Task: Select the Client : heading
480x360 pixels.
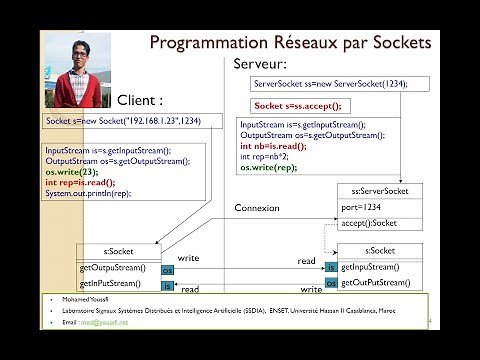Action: (x=140, y=100)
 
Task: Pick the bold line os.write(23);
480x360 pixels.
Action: (x=71, y=171)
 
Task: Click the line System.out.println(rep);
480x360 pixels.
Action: (x=87, y=193)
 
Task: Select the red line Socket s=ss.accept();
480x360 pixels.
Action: (x=297, y=105)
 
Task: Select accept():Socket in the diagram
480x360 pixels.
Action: (x=369, y=223)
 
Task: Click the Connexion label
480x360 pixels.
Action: (x=257, y=208)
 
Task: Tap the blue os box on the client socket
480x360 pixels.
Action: (x=167, y=270)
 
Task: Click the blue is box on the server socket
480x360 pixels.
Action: (x=331, y=267)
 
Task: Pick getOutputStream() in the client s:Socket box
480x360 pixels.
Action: (x=112, y=268)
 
